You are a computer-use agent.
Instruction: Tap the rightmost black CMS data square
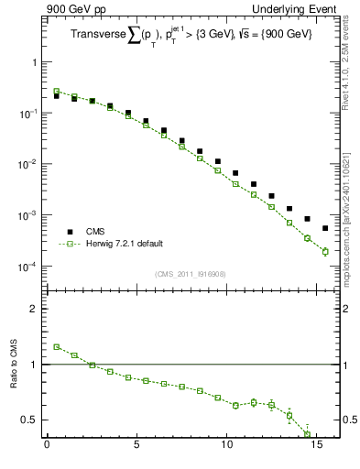point(325,228)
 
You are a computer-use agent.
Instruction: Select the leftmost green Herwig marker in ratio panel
point(56,347)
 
